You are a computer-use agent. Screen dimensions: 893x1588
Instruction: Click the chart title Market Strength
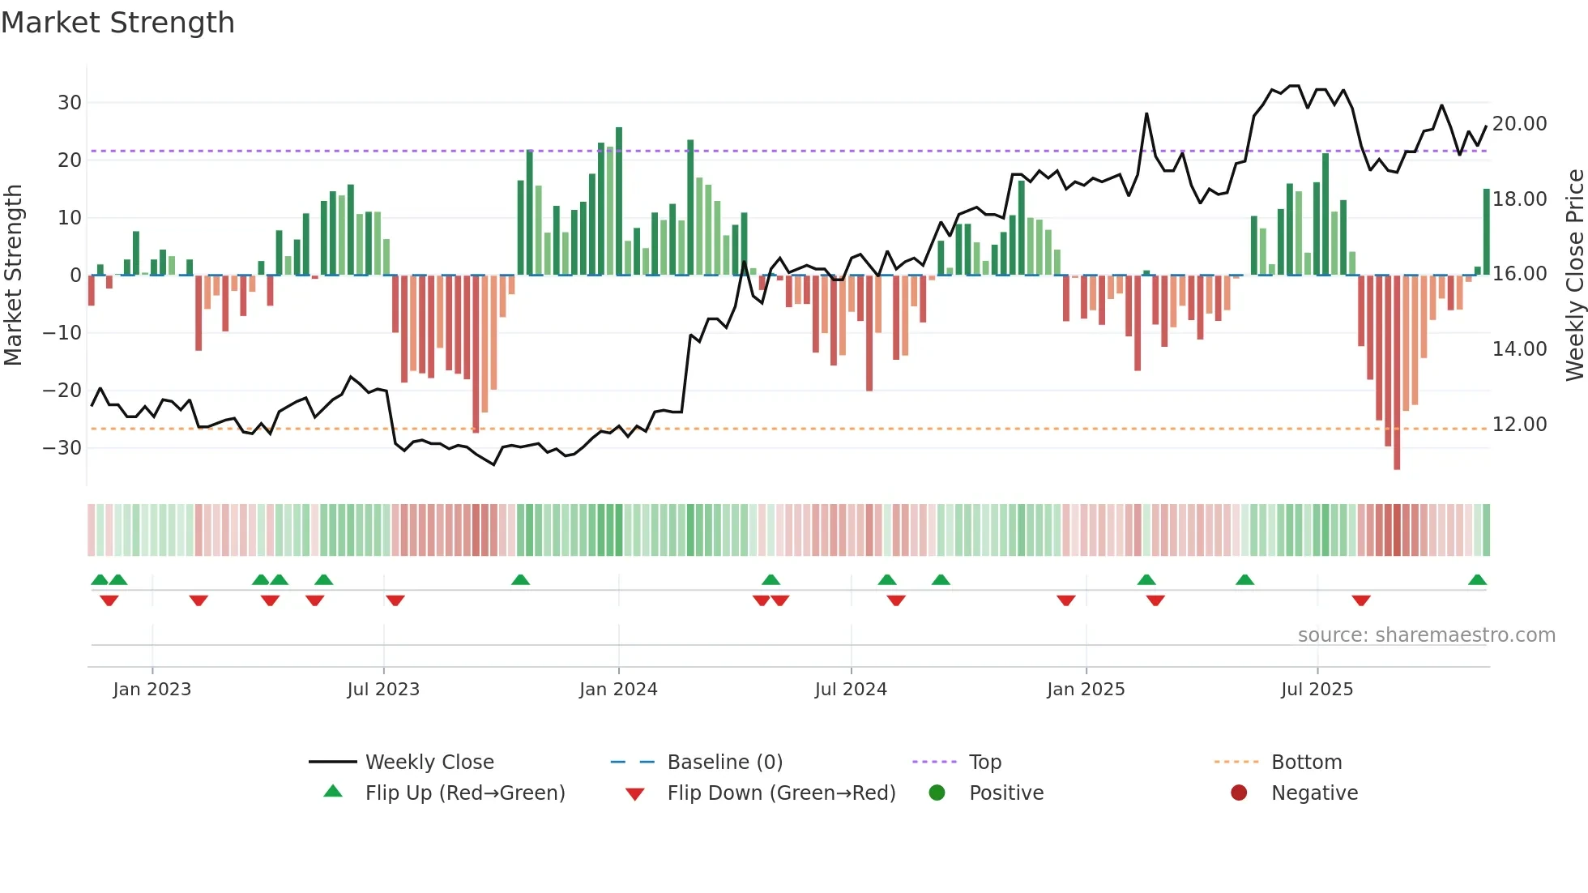coord(117,23)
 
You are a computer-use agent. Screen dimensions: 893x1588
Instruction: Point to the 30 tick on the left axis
coord(70,103)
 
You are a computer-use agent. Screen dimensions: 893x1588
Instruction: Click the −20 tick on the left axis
coord(62,391)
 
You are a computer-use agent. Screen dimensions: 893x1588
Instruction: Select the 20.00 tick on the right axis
coord(1519,124)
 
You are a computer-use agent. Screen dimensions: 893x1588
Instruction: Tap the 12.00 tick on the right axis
coord(1519,425)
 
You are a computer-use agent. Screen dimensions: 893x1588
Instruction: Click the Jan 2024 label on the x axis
coord(618,690)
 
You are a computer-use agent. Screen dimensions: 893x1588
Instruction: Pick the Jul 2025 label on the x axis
coord(1317,690)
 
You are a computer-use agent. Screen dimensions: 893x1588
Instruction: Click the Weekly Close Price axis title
coord(1574,276)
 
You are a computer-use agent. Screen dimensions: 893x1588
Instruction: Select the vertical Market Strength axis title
coord(13,276)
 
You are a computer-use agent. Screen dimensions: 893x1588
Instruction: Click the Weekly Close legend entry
coord(429,763)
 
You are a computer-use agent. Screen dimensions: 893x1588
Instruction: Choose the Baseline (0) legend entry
coord(724,763)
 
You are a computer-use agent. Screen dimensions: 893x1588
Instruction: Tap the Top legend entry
coord(984,763)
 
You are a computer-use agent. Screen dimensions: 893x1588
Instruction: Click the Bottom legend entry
coord(1306,763)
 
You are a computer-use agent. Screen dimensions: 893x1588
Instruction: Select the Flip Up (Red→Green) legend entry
coord(464,793)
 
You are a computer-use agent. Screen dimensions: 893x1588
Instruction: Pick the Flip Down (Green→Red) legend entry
coord(781,793)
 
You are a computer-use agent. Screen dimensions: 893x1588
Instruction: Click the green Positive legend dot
coord(937,793)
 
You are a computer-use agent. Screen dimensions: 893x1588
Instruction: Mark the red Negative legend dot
coord(1239,793)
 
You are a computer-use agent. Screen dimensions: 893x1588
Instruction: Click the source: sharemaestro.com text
coord(1426,635)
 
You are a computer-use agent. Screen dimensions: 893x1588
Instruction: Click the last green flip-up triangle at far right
coord(1477,580)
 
